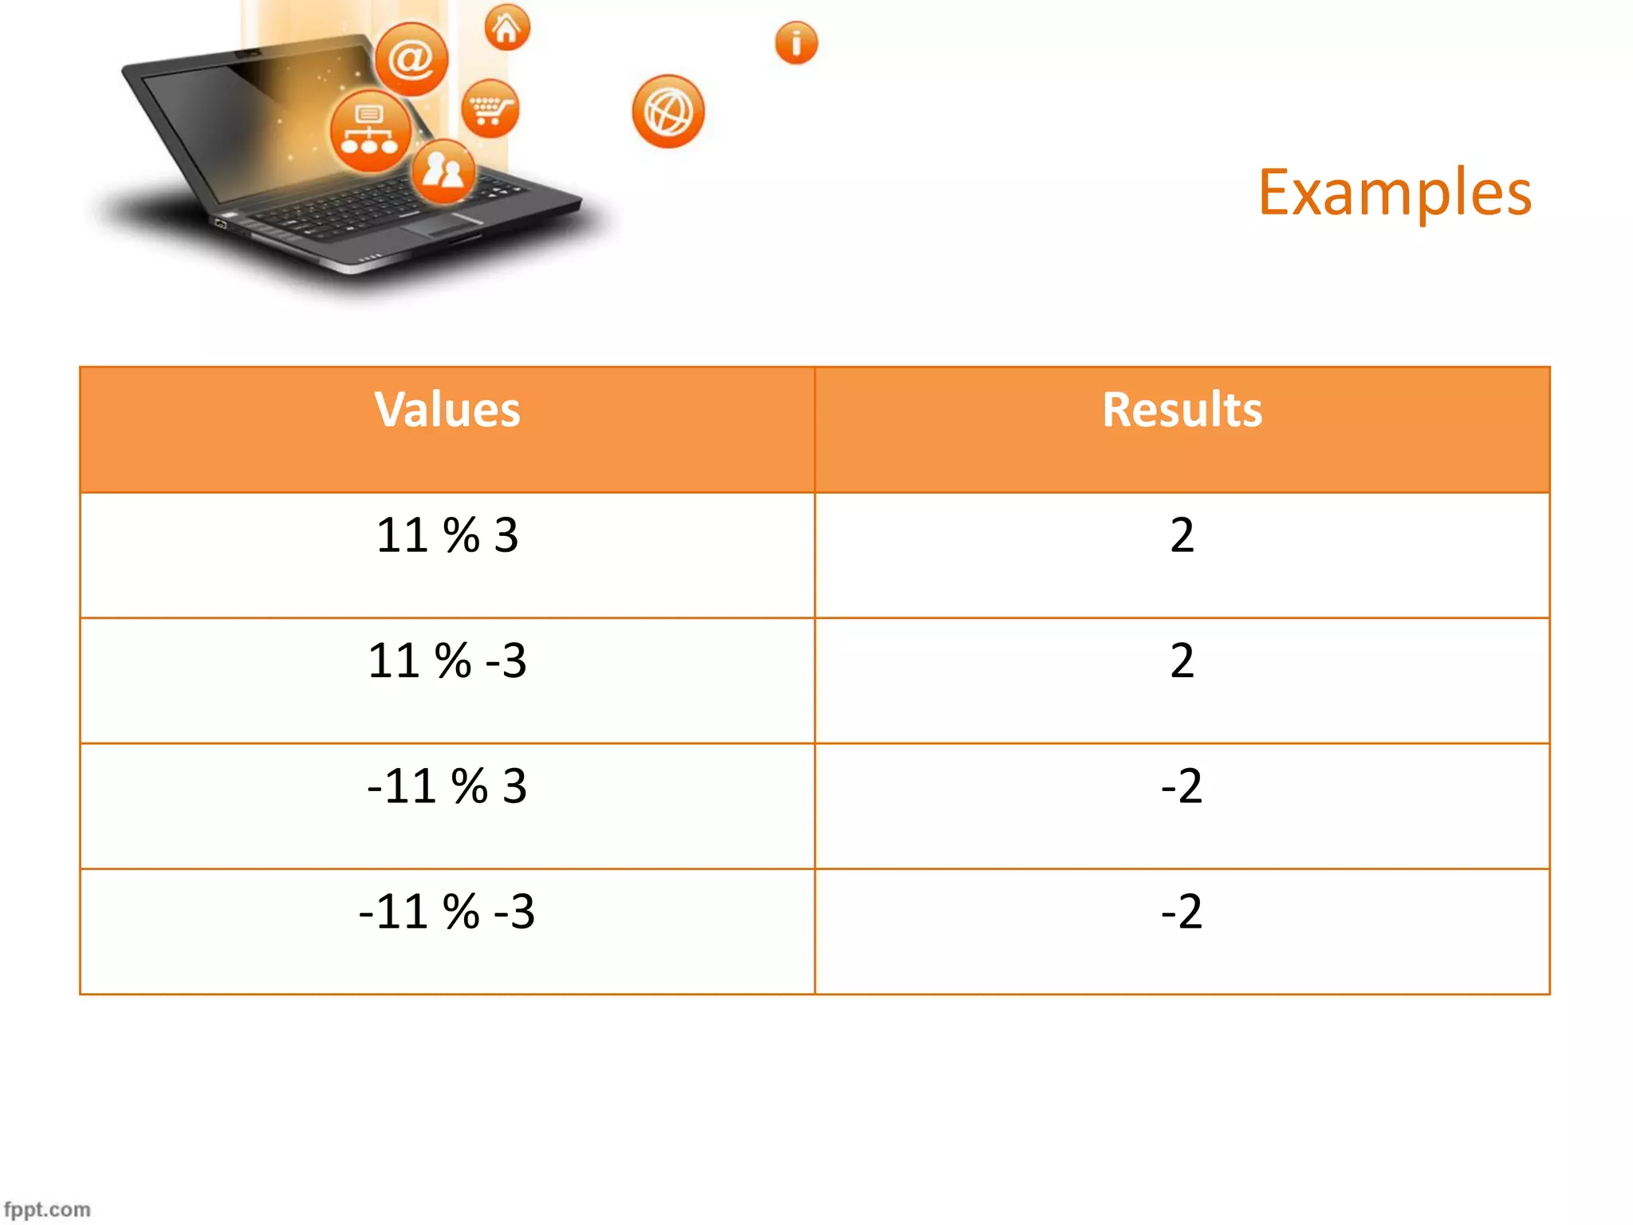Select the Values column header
pos(447,410)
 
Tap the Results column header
pos(1182,410)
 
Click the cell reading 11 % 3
pos(447,535)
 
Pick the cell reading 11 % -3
pos(447,661)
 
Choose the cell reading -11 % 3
pos(447,786)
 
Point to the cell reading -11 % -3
pos(447,912)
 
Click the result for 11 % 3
pos(1182,535)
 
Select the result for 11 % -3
pos(1182,661)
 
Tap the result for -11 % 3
pos(1182,786)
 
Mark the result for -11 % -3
pos(1182,912)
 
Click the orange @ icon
pos(411,59)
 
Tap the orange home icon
pos(507,28)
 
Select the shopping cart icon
pos(490,108)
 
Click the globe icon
pos(668,112)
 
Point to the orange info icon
pos(796,42)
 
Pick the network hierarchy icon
pos(370,131)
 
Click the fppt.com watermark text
pos(47,1209)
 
